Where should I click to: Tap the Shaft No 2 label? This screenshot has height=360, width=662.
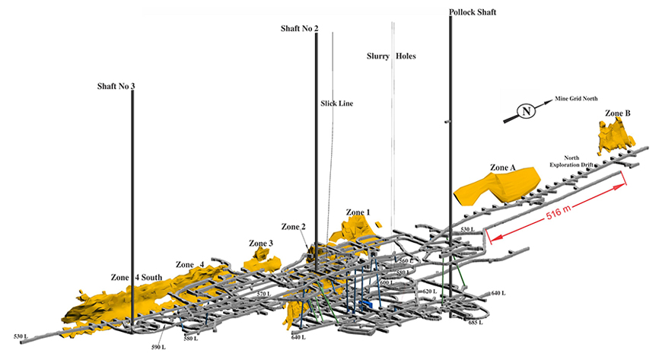[x=299, y=28]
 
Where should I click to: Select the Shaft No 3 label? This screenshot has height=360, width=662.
[x=116, y=86]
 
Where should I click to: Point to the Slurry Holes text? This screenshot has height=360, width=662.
[x=391, y=56]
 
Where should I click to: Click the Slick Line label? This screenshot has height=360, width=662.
[x=336, y=104]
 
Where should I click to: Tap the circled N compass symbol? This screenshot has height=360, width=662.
[x=524, y=113]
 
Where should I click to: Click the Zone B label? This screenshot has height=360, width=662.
[x=617, y=113]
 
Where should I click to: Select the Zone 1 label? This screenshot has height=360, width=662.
[x=358, y=212]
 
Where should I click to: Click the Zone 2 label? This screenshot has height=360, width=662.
[x=293, y=227]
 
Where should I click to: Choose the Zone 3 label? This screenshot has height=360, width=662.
[x=260, y=244]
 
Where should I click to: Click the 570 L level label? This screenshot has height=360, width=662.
[x=263, y=294]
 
